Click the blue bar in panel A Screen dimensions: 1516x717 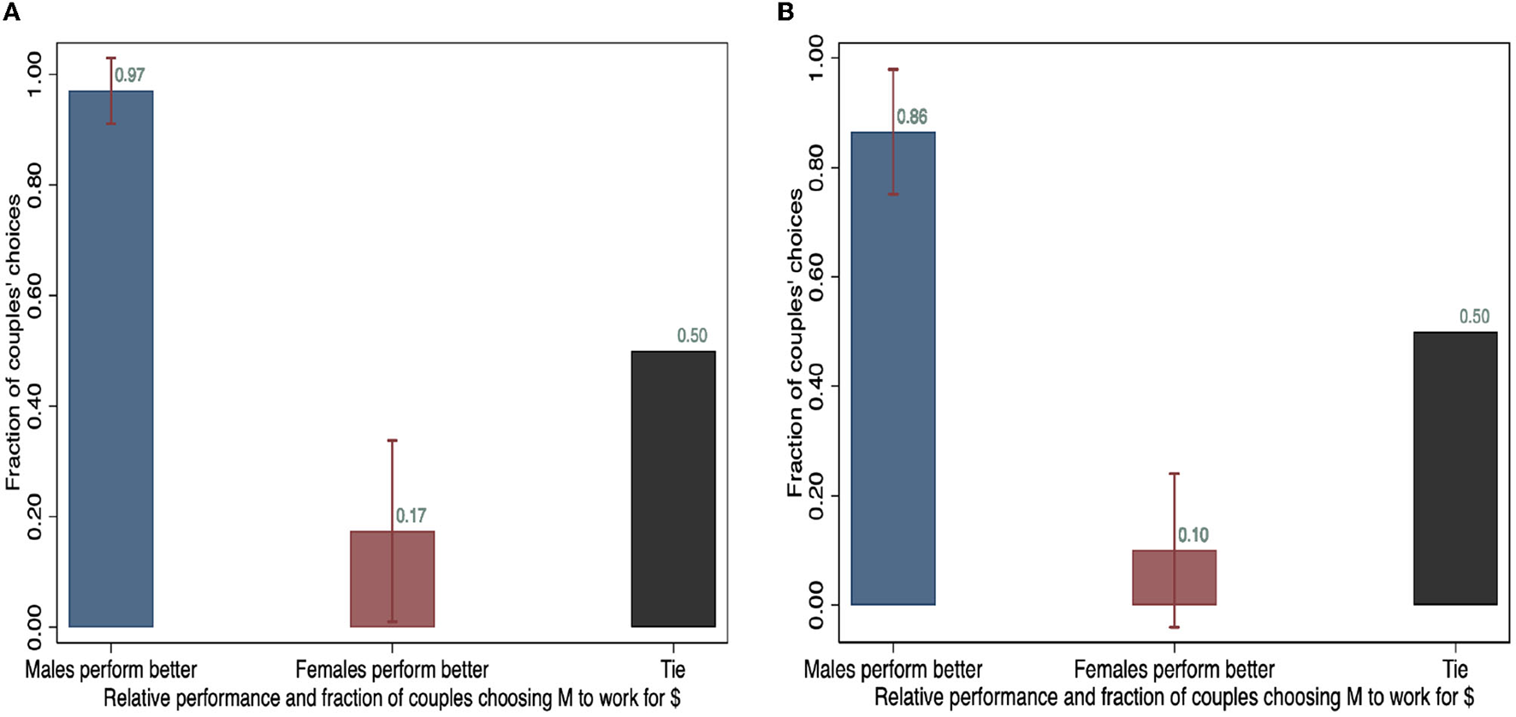(111, 359)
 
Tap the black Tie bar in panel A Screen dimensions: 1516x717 (673, 489)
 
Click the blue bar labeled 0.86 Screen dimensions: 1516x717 (893, 368)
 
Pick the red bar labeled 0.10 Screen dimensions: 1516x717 (1174, 578)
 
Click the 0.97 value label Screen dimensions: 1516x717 (130, 75)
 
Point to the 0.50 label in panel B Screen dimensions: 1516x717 (1474, 317)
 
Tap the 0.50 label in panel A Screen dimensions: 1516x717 (692, 335)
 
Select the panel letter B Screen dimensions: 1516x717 (785, 11)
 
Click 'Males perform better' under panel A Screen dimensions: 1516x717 (111, 669)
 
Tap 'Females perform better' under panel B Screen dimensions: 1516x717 (1174, 669)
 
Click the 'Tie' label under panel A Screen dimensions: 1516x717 (673, 669)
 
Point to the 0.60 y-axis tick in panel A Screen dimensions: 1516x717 (34, 296)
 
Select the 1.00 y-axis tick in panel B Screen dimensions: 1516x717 (816, 57)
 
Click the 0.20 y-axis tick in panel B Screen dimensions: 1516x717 (816, 497)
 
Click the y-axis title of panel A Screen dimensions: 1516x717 (14, 342)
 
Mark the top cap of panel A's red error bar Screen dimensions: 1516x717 (393, 441)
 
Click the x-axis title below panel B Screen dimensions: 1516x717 (1174, 697)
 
